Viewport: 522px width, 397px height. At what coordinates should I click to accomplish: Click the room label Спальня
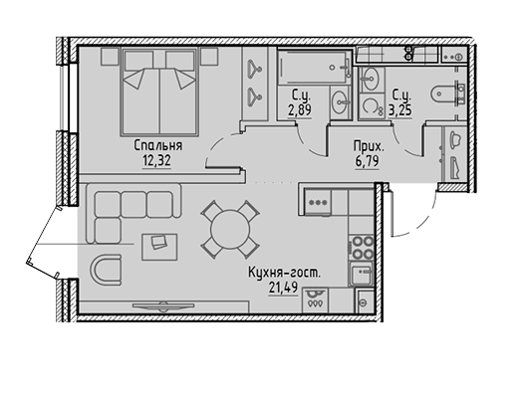coord(158,145)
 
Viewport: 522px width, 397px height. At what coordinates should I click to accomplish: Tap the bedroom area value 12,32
coord(156,161)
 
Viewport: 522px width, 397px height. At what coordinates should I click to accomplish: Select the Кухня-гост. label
coord(284,273)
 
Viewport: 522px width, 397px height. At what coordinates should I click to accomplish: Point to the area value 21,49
coord(283,288)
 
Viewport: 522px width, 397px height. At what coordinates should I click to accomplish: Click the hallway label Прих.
coord(369,146)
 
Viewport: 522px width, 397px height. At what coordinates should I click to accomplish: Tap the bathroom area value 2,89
coord(300,109)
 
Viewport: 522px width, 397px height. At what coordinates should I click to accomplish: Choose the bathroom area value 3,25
coord(400,109)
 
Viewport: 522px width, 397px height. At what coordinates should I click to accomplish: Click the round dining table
coord(230,229)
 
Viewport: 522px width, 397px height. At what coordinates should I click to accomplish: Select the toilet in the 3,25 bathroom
coord(444,94)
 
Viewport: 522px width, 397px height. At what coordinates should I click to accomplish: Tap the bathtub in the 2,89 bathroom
coord(314,68)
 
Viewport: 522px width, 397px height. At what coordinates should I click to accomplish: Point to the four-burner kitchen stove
coord(363,248)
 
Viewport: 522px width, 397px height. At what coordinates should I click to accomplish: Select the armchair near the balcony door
coord(107,269)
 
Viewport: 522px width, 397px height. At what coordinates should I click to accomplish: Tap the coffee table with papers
coord(159,247)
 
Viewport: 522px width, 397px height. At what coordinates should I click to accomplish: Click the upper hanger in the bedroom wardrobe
coord(255,69)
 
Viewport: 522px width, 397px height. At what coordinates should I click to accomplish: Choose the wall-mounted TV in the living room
coord(163,305)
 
